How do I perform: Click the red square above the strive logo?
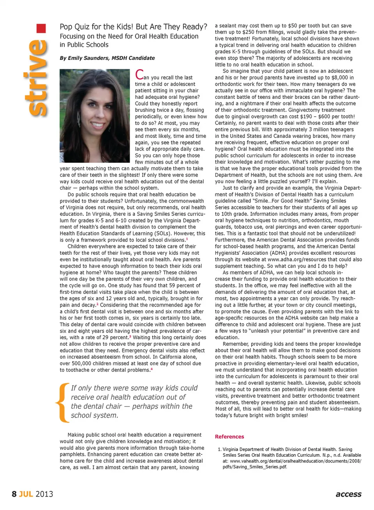pyautogui.click(x=41, y=28)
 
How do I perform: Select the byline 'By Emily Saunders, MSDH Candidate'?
pyautogui.click(x=107, y=58)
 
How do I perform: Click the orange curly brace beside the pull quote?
pyautogui.click(x=62, y=403)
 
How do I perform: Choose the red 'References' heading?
pyautogui.click(x=229, y=436)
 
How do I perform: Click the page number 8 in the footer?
pyautogui.click(x=14, y=494)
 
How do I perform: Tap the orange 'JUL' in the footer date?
pyautogui.click(x=26, y=494)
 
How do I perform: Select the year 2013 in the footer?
pyautogui.click(x=44, y=494)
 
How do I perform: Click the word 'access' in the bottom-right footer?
pyautogui.click(x=348, y=494)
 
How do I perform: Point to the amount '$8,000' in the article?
pyautogui.click(x=339, y=77)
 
